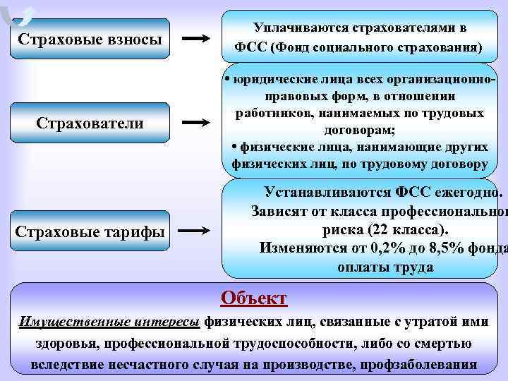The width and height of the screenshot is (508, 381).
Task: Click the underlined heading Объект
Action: pyautogui.click(x=253, y=298)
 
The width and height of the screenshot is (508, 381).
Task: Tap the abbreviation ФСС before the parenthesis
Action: pyautogui.click(x=248, y=48)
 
